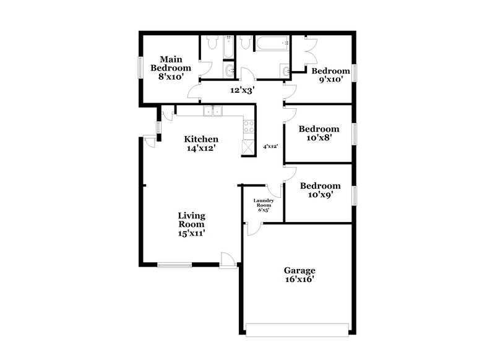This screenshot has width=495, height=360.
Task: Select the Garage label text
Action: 299,270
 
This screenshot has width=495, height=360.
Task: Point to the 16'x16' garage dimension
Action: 299,280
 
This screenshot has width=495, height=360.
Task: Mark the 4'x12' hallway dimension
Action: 270,147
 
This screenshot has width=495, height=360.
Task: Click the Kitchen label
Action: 200,139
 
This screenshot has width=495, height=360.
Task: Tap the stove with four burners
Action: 249,127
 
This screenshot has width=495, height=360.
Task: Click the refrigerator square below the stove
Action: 248,146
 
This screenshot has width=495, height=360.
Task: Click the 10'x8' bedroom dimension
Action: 319,139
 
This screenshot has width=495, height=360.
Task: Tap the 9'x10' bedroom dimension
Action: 330,80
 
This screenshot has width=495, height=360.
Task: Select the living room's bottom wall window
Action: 174,265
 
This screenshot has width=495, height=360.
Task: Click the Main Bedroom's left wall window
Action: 139,67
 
